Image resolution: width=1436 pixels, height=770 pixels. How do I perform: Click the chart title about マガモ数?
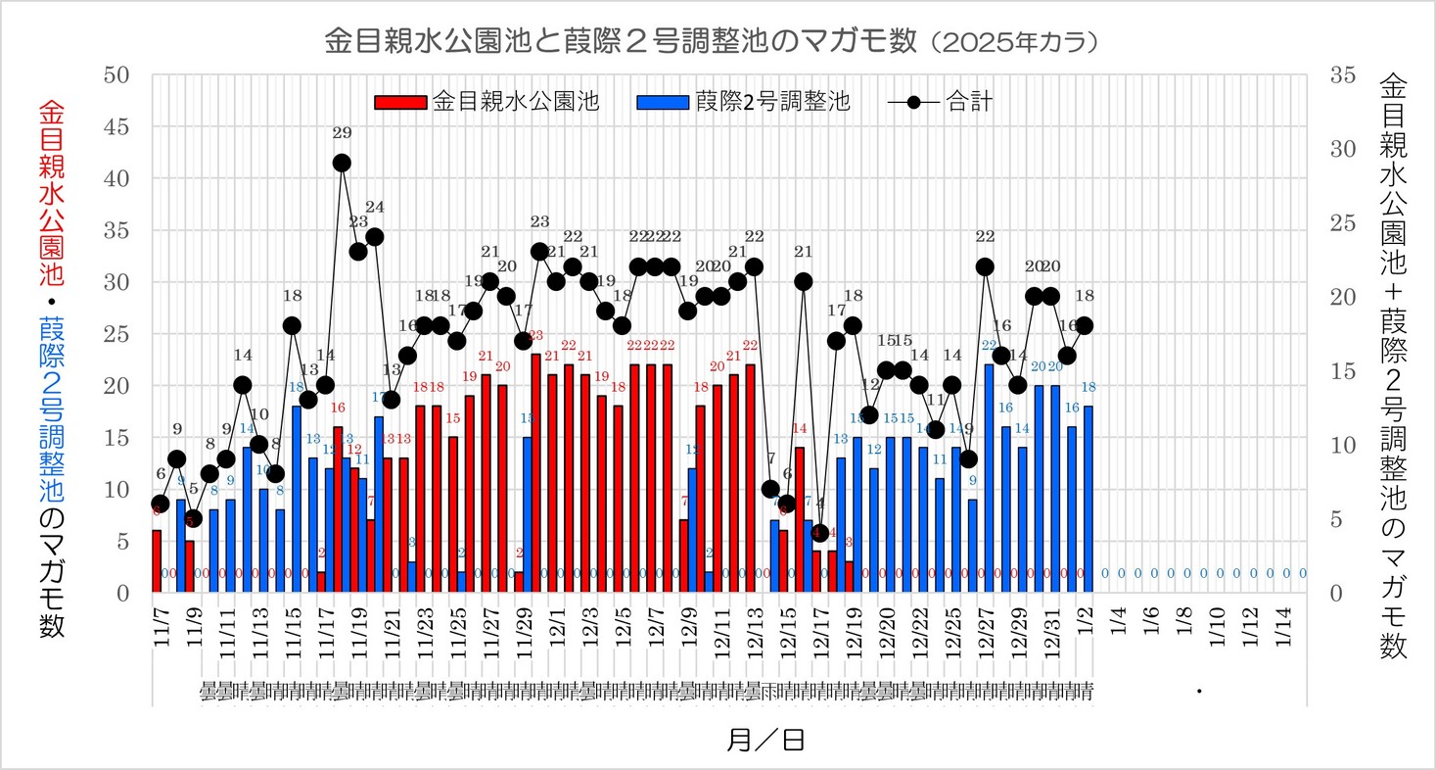pyautogui.click(x=717, y=41)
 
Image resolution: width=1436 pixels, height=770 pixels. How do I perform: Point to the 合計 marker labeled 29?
pyautogui.click(x=342, y=163)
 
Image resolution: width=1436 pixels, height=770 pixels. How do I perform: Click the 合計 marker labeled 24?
pyautogui.click(x=374, y=237)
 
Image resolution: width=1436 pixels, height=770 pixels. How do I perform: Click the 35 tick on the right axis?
pyautogui.click(x=1337, y=75)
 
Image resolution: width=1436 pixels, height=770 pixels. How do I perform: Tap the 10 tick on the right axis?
pyautogui.click(x=1337, y=446)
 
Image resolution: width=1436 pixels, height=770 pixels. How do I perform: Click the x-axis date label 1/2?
pyautogui.click(x=1088, y=620)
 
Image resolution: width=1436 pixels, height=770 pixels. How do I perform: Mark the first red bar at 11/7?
pyautogui.click(x=157, y=561)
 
